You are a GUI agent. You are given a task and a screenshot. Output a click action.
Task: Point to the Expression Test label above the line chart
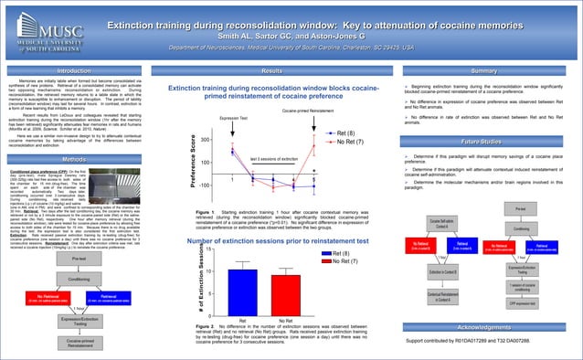point(233,119)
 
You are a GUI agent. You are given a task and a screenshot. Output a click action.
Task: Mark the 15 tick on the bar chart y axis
point(209,224)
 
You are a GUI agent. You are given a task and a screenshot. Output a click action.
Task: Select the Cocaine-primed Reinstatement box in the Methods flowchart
point(80,342)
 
